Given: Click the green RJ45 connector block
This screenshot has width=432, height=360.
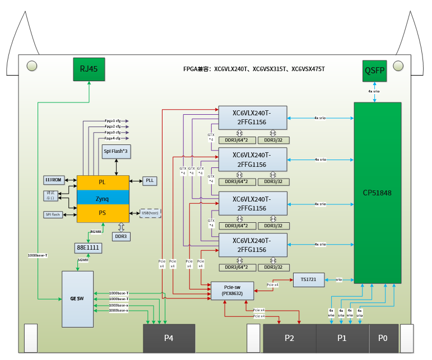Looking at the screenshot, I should [90, 69].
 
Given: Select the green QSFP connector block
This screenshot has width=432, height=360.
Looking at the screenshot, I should [374, 71].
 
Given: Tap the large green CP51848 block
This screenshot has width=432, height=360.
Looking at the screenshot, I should [377, 193].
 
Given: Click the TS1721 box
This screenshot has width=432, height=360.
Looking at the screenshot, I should [308, 279].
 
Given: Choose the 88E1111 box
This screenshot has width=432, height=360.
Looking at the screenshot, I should [88, 247].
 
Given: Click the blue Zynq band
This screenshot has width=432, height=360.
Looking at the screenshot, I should [103, 198].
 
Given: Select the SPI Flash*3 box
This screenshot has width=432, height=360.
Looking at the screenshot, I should [117, 151].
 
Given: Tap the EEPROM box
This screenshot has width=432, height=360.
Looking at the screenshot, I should [55, 180].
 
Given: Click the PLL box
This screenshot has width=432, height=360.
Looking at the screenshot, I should [150, 180].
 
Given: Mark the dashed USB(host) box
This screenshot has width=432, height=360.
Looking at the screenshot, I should [149, 213].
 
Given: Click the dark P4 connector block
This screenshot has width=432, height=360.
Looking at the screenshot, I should [169, 338].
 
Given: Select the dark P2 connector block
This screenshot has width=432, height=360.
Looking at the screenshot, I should [289, 338].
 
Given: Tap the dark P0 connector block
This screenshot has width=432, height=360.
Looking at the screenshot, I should [383, 338].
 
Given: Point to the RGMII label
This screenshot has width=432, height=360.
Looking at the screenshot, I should [96, 231].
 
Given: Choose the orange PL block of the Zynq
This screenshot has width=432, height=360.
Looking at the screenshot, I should [103, 183].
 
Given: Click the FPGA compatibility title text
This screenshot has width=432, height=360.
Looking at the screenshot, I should [254, 69].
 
